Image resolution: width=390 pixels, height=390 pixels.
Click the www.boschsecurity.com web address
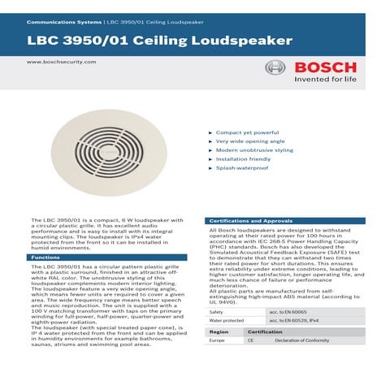click(56, 62)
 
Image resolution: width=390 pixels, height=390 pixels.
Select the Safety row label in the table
click(217, 311)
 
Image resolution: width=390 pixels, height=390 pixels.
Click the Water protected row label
click(227, 322)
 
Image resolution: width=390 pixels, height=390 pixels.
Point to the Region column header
click(219, 332)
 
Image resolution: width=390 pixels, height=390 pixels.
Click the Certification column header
click(264, 332)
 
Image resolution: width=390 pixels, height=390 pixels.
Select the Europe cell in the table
click(218, 341)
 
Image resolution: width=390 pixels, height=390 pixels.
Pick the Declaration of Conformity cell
click(302, 341)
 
